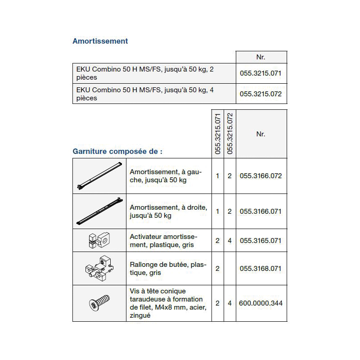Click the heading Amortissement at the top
tap(100, 41)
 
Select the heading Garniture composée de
tap(117, 151)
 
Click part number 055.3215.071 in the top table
tap(261, 73)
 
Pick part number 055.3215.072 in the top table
tap(261, 94)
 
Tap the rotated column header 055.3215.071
tap(218, 134)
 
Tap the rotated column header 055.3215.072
tap(230, 134)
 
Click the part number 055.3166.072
tap(261, 176)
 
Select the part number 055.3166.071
tap(261, 211)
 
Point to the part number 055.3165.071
tap(261, 241)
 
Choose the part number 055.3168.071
tap(261, 269)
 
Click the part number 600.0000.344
tap(261, 303)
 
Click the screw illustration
tap(99, 303)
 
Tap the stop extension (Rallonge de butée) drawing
tap(99, 269)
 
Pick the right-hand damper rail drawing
tap(99, 211)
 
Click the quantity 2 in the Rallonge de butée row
tap(217, 269)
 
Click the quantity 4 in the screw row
tap(229, 303)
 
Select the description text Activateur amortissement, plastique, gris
tap(164, 241)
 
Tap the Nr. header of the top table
tap(261, 57)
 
